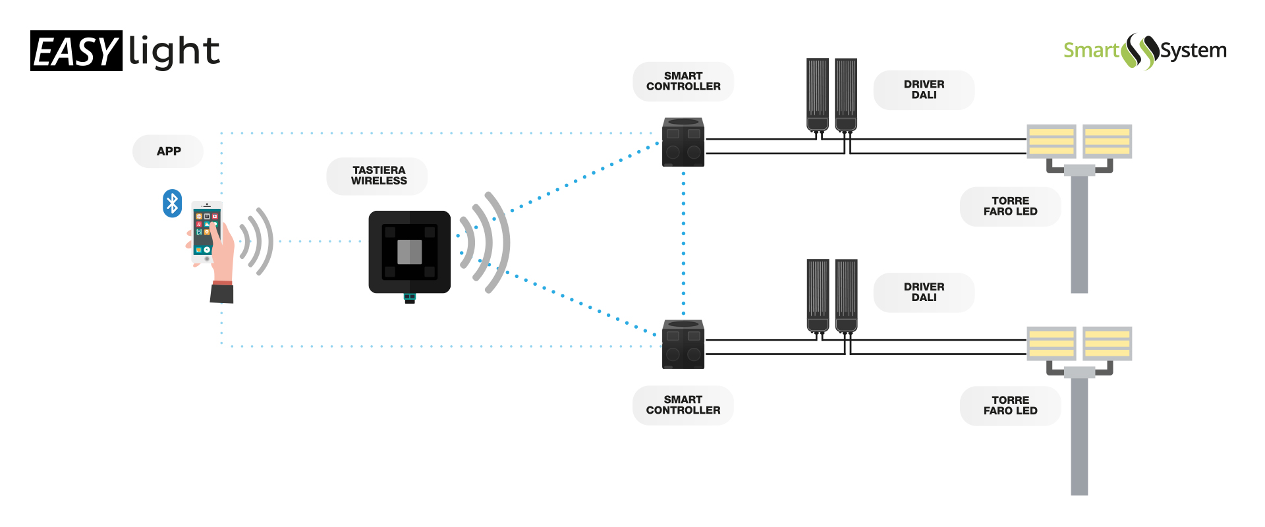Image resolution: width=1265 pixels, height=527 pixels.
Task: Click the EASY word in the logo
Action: point(76,51)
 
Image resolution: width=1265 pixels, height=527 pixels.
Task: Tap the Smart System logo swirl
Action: point(1141,51)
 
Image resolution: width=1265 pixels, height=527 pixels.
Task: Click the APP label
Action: point(168,152)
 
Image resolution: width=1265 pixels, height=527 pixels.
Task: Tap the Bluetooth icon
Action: point(172,204)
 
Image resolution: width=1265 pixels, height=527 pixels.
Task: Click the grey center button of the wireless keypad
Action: point(409,252)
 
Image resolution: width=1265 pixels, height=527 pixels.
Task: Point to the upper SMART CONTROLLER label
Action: point(683,82)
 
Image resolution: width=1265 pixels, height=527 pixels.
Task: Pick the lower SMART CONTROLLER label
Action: point(683,405)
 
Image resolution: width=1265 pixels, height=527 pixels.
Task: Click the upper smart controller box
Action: point(683,142)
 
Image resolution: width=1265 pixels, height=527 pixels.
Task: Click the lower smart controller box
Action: point(683,345)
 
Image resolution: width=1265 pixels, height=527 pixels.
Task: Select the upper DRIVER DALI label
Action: point(924,90)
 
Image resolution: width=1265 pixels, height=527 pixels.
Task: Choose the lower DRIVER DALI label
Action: point(924,292)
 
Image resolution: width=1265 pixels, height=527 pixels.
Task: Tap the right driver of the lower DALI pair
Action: point(846,295)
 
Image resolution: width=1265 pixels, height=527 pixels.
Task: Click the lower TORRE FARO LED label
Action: point(1010,406)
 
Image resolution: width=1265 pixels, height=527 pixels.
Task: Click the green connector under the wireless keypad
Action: point(410,298)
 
